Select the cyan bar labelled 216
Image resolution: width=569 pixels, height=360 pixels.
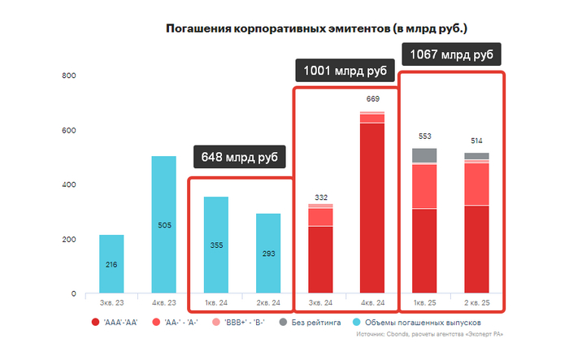[x=111, y=264]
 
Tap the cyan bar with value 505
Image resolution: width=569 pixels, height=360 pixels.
[x=163, y=224]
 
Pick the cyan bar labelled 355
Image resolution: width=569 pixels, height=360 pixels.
[x=215, y=245]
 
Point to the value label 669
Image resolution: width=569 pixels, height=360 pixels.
[x=372, y=98]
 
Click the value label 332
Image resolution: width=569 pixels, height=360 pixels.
[x=320, y=197]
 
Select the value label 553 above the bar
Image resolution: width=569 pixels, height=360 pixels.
[x=423, y=136]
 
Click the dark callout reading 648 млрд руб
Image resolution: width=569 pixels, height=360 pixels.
[x=241, y=157]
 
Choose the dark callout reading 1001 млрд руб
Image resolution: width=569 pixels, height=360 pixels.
[x=345, y=72]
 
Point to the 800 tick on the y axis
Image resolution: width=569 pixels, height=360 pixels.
[x=69, y=76]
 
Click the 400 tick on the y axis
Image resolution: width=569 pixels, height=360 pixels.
[x=69, y=185]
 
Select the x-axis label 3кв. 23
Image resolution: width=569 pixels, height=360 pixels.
[x=111, y=303]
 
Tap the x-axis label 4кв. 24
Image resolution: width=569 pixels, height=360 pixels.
[x=372, y=303]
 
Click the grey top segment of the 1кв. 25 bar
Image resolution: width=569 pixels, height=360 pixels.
[x=423, y=155]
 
